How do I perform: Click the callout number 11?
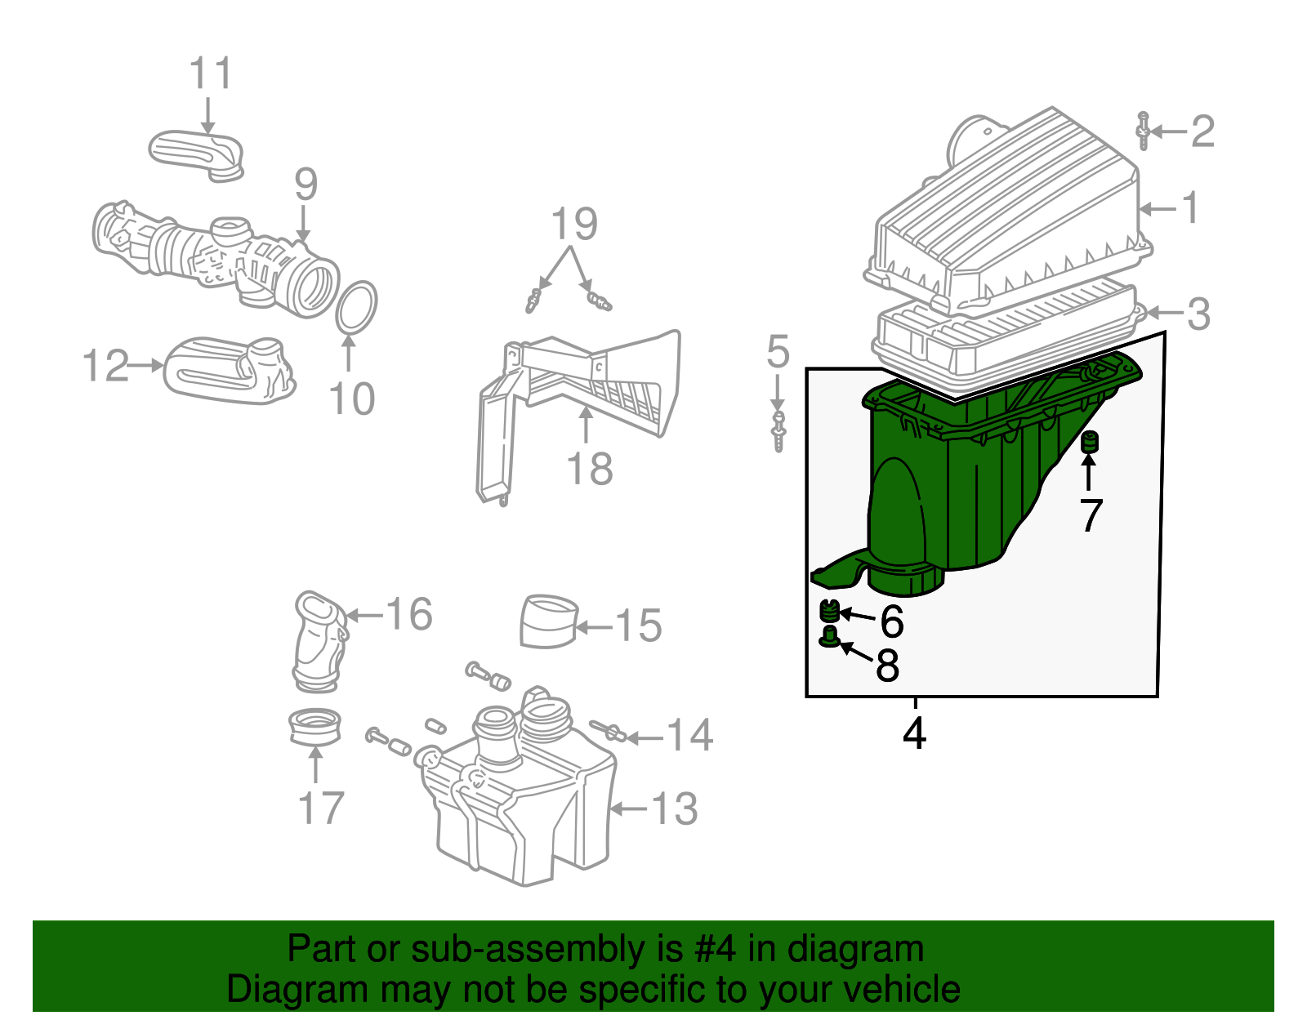[x=211, y=74]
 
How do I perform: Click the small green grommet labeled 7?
[x=1088, y=442]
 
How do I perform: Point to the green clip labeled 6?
[x=830, y=611]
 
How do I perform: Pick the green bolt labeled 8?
[x=830, y=637]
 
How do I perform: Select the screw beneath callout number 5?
[x=778, y=431]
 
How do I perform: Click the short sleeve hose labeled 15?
[x=548, y=621]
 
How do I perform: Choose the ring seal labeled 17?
[x=315, y=727]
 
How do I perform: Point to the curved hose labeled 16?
[x=319, y=641]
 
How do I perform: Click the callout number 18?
[x=589, y=470]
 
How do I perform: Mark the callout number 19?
[x=574, y=224]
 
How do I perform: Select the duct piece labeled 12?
[x=229, y=372]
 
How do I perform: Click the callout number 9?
[x=306, y=185]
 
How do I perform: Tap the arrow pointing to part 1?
[x=1156, y=209]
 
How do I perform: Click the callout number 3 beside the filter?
[x=1198, y=314]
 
